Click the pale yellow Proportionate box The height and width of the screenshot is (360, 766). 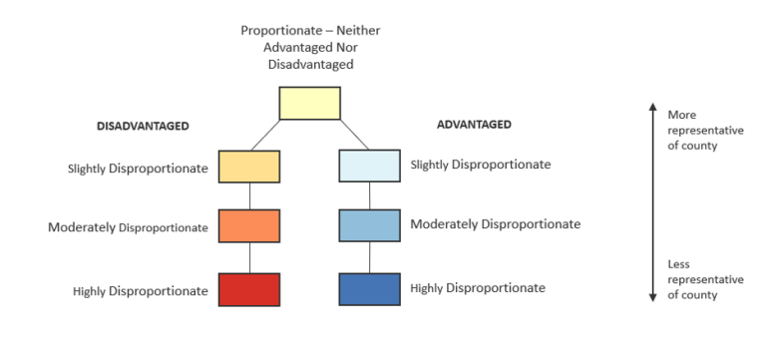[309, 104]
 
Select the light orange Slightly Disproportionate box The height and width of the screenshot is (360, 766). [249, 166]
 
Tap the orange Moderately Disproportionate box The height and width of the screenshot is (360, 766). [249, 225]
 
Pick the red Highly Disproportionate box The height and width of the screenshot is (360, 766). [249, 289]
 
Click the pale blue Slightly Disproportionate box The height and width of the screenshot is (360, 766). [369, 166]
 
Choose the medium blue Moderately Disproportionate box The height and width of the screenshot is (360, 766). [369, 225]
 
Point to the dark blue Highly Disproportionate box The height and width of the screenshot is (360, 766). [369, 289]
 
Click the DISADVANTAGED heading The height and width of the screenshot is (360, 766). [143, 127]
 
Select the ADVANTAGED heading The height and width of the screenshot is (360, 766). [474, 125]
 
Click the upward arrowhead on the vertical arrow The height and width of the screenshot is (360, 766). [652, 105]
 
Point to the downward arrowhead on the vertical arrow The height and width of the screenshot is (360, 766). [652, 296]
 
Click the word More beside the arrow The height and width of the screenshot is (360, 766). [682, 115]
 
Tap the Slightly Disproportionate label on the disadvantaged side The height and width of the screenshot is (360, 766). [138, 169]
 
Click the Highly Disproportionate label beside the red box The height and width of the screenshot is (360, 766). [141, 291]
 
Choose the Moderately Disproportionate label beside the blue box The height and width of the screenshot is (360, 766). [495, 224]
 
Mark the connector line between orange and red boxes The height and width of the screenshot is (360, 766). [249, 257]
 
